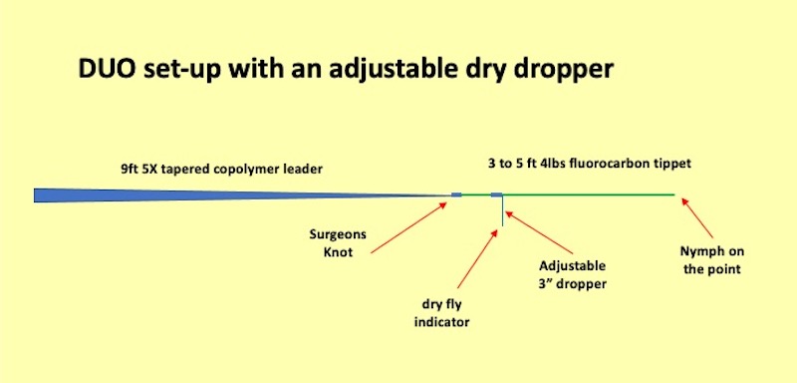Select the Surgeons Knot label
pyautogui.click(x=338, y=244)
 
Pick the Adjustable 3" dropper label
pyautogui.click(x=572, y=274)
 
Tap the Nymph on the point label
pyautogui.click(x=711, y=259)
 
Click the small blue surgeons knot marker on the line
pyautogui.click(x=456, y=194)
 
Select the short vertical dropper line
pyautogui.click(x=503, y=211)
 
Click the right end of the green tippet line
pyautogui.click(x=672, y=194)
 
